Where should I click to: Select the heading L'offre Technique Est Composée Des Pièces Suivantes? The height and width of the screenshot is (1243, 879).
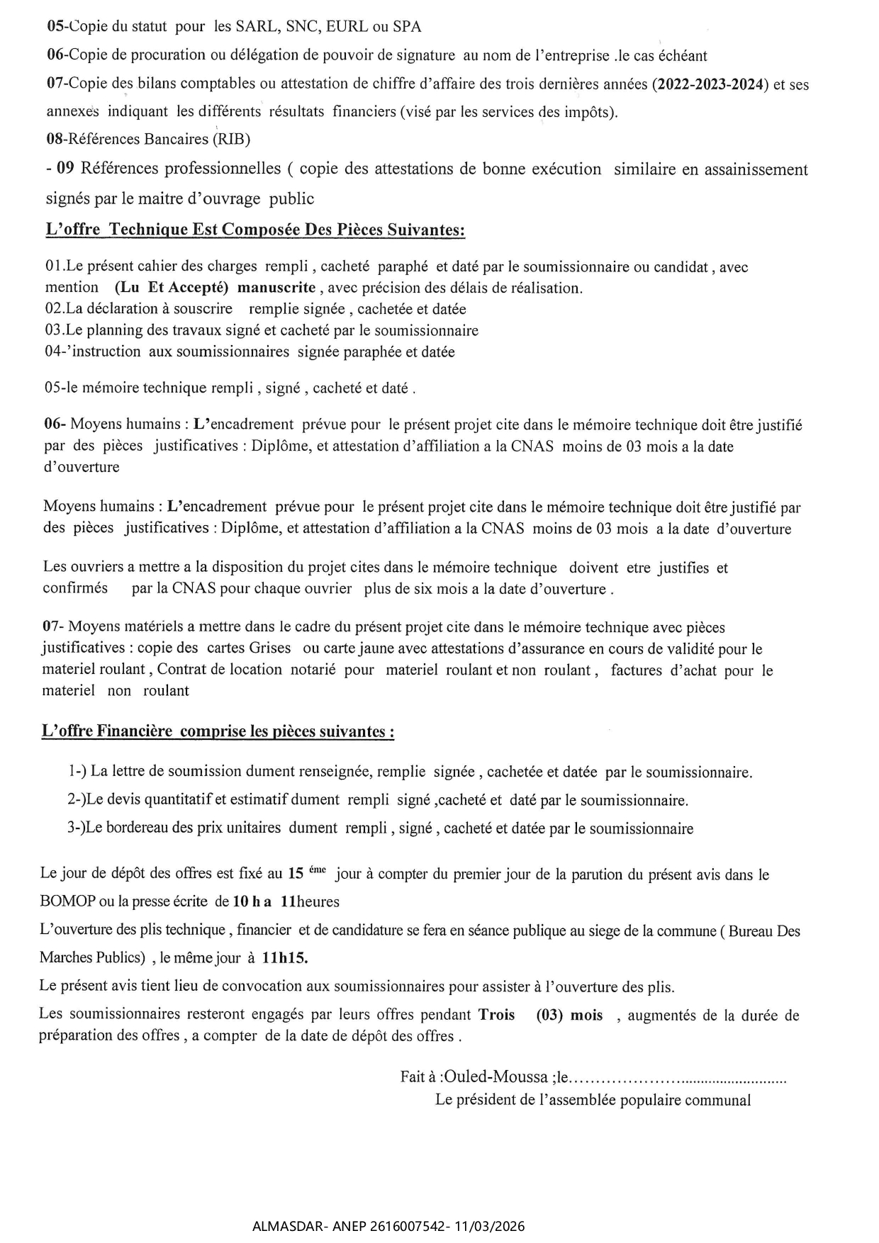click(254, 230)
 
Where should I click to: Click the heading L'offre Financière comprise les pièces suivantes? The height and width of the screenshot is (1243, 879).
click(218, 731)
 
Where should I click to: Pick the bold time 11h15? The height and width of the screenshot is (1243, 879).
click(285, 957)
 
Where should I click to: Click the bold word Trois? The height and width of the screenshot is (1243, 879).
click(497, 1015)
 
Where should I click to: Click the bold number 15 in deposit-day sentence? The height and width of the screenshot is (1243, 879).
click(296, 874)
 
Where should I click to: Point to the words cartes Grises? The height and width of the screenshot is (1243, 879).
click(245, 648)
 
